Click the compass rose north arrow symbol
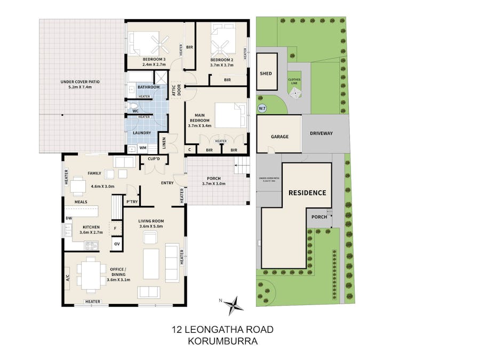point(233,306)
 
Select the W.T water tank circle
point(262,109)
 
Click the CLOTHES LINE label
point(294,82)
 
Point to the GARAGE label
point(279,137)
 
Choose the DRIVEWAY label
point(321,133)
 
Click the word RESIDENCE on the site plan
point(307,193)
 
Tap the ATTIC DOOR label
point(177,91)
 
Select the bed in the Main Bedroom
point(230,115)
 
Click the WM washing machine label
point(142,148)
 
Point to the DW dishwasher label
point(68,219)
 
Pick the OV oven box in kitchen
point(117,245)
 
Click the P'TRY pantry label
point(131,202)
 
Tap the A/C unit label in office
point(67,278)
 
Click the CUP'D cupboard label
point(155,159)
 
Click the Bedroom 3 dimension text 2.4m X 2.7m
point(154,65)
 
